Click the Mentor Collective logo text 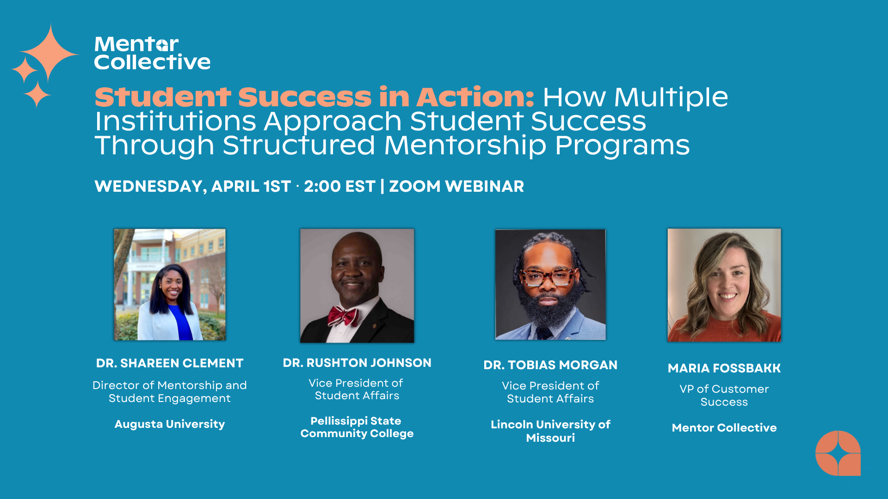click(x=152, y=53)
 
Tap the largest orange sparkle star click(x=50, y=53)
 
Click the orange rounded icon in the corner click(x=838, y=453)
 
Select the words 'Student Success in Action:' click(x=314, y=97)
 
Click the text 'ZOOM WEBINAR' click(x=456, y=186)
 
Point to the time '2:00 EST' click(x=339, y=186)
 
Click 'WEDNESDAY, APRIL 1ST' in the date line click(x=192, y=186)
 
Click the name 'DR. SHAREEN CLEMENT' click(x=170, y=363)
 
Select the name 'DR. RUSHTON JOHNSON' click(x=357, y=363)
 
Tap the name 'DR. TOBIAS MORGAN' click(x=550, y=365)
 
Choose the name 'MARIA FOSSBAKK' click(x=724, y=368)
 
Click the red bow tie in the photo click(x=343, y=316)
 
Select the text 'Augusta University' click(x=170, y=424)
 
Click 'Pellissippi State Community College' click(x=357, y=427)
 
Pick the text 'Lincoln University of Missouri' click(x=550, y=431)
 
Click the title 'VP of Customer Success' click(x=724, y=396)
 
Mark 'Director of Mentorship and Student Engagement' click(x=170, y=392)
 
